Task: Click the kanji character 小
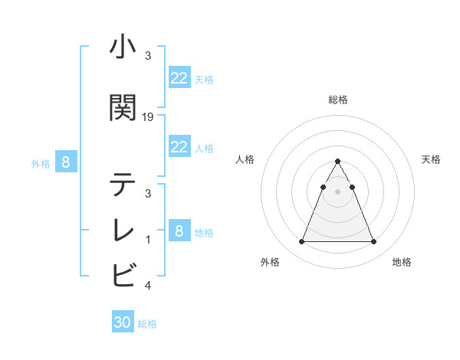(x=123, y=48)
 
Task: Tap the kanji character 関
(x=123, y=108)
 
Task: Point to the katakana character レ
(x=123, y=229)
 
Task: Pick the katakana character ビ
(x=123, y=273)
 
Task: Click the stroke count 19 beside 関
(x=148, y=117)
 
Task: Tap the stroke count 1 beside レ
(x=148, y=240)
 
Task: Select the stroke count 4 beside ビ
(x=148, y=286)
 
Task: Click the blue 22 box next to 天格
(x=179, y=78)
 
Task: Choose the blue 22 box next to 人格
(x=179, y=147)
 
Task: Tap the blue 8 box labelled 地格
(x=179, y=231)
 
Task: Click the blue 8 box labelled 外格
(x=66, y=162)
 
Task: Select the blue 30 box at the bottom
(x=123, y=322)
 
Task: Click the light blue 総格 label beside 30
(x=148, y=324)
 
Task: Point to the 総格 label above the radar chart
(x=337, y=100)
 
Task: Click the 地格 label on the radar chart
(x=402, y=262)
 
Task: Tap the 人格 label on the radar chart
(x=245, y=159)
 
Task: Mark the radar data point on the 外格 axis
(x=301, y=242)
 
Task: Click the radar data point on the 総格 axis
(x=337, y=162)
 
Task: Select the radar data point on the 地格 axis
(x=373, y=242)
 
